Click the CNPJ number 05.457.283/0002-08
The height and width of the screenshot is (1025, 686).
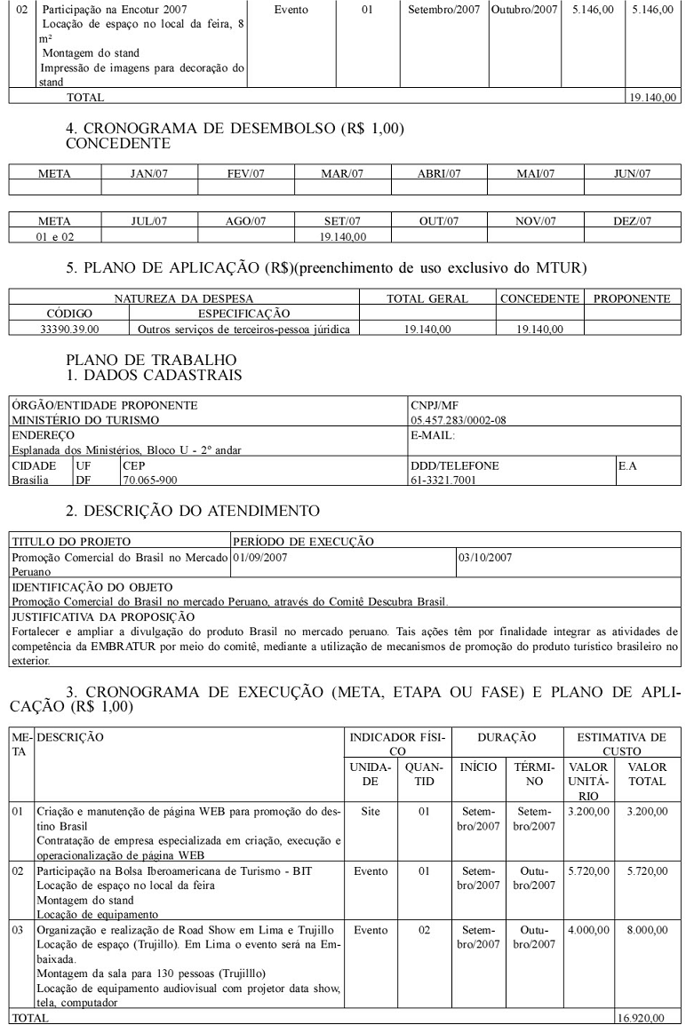click(459, 419)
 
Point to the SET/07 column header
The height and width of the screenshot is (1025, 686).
click(342, 220)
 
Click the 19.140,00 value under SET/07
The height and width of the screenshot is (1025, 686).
click(342, 236)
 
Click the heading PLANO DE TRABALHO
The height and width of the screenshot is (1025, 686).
click(151, 359)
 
